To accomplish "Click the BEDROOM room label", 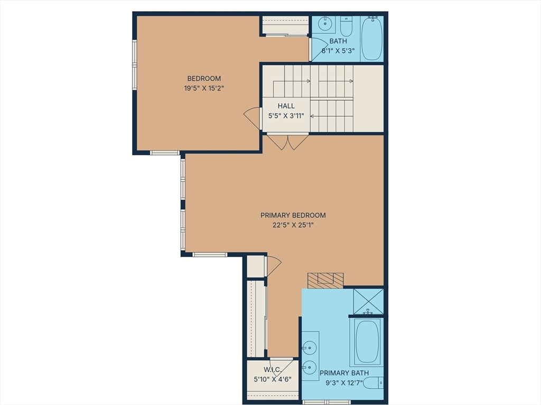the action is click(x=204, y=78).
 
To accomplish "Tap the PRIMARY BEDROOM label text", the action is click(x=293, y=215).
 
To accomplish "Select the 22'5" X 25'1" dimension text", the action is click(x=293, y=225).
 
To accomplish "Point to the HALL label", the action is click(x=286, y=106).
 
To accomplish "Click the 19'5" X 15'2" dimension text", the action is click(x=204, y=88).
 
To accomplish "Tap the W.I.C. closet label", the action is click(x=273, y=370).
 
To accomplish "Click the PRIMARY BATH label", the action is click(x=344, y=373).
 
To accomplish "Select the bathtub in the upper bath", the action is click(x=371, y=38).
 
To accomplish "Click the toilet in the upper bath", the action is click(x=346, y=26).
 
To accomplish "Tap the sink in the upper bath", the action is click(x=324, y=23).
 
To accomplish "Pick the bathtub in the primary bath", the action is click(x=367, y=342).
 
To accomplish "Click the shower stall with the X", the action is click(x=368, y=301).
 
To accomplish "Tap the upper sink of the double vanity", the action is click(x=309, y=347).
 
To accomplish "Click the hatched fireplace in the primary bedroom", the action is click(x=325, y=280).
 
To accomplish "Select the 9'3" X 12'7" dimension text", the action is click(x=344, y=383).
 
